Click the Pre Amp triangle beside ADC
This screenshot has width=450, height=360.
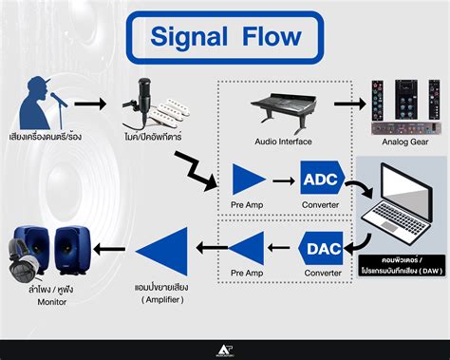point(250,178)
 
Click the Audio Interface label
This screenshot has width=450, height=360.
point(281,142)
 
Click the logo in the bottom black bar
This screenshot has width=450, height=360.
point(225,350)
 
